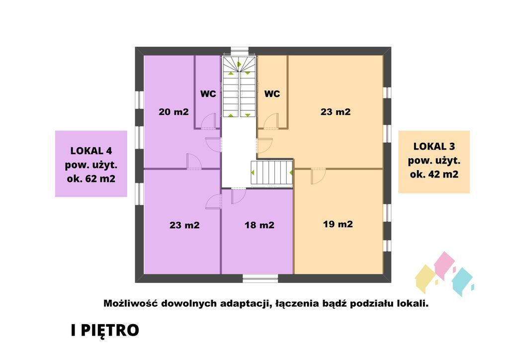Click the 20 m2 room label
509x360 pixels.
tap(173, 112)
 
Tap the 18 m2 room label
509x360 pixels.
tap(259, 225)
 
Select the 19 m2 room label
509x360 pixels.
tap(338, 224)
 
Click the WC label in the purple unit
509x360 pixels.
tap(208, 93)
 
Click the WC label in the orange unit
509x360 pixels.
tap(272, 93)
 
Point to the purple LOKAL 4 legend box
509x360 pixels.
tap(91, 164)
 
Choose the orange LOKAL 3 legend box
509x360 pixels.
tap(433, 162)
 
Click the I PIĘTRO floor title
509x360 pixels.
tap(104, 331)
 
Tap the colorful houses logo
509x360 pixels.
tap(444, 275)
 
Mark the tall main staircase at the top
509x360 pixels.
tap(239, 87)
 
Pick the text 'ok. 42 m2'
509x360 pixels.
tap(433, 175)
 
